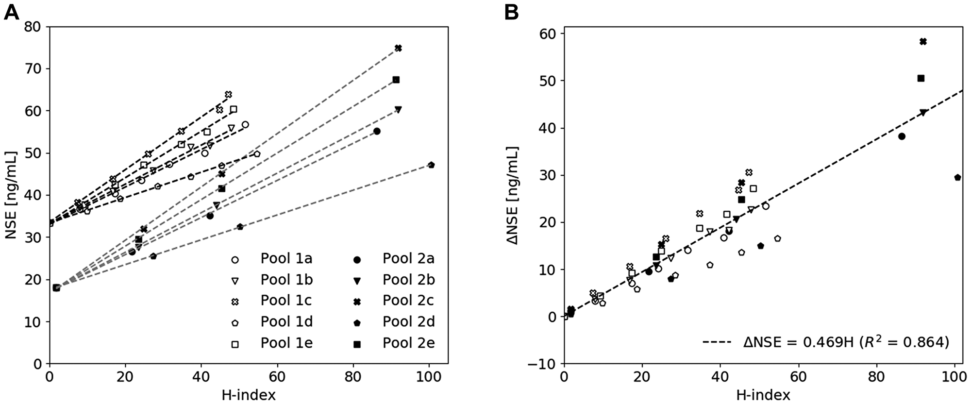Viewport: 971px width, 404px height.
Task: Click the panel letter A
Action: pos(11,12)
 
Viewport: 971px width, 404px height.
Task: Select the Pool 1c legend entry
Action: pos(286,301)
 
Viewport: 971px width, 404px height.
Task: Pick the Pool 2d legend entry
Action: pos(408,321)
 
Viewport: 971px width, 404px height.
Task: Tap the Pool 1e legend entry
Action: pos(286,343)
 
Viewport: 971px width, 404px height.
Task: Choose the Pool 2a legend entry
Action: pos(408,259)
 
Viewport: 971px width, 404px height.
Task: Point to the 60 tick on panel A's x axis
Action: pos(277,376)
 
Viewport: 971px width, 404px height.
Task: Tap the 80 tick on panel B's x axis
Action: pos(876,376)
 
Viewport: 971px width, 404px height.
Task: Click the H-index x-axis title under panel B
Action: pos(763,394)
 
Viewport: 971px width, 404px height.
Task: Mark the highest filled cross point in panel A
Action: pos(398,48)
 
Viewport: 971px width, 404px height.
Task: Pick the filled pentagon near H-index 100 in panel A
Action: pos(431,165)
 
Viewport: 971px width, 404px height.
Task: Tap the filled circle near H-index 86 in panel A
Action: pos(377,131)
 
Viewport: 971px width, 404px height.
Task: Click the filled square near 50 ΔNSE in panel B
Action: pos(921,78)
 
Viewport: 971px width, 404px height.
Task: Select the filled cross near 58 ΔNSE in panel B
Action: pos(923,42)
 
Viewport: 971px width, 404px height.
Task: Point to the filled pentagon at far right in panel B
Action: pos(957,178)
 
